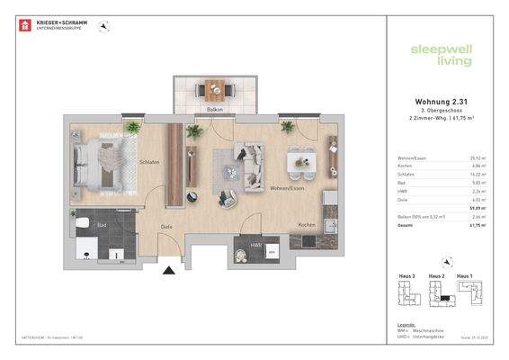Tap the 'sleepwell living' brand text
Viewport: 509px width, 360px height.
[434, 57]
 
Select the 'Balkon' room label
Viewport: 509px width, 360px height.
[215, 109]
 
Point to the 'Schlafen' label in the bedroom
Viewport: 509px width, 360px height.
[149, 163]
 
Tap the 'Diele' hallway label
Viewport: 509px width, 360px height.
[165, 228]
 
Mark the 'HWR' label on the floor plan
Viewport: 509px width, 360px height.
[255, 243]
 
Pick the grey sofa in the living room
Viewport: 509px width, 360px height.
[241, 162]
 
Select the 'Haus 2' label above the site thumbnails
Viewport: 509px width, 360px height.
[437, 275]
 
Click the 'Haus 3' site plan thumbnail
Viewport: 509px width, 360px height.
[407, 292]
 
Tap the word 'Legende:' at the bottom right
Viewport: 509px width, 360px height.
[406, 323]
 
